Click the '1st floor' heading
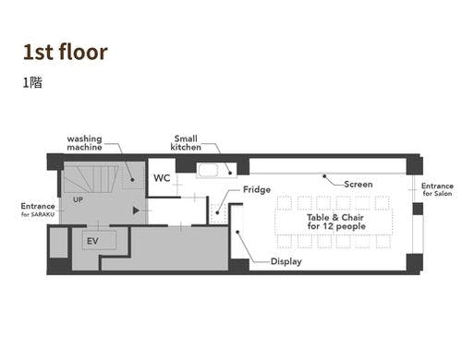click(x=66, y=52)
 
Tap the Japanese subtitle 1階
click(x=32, y=83)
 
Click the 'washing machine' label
click(x=84, y=143)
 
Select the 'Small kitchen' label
click(x=186, y=143)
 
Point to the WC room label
click(x=162, y=178)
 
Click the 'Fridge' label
click(x=257, y=189)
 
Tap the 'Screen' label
click(x=359, y=185)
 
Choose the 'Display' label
click(x=286, y=261)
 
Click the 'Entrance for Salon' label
click(x=437, y=189)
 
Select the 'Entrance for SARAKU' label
click(x=38, y=210)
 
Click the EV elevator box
click(x=99, y=240)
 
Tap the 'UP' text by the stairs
click(x=78, y=199)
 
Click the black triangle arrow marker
click(x=136, y=210)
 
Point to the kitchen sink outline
click(x=208, y=170)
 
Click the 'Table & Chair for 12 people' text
click(x=336, y=222)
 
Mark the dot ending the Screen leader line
click(x=324, y=176)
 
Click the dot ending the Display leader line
click(x=237, y=232)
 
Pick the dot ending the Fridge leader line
click(x=217, y=212)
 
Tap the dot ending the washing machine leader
click(x=132, y=180)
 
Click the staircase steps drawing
click(x=91, y=179)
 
